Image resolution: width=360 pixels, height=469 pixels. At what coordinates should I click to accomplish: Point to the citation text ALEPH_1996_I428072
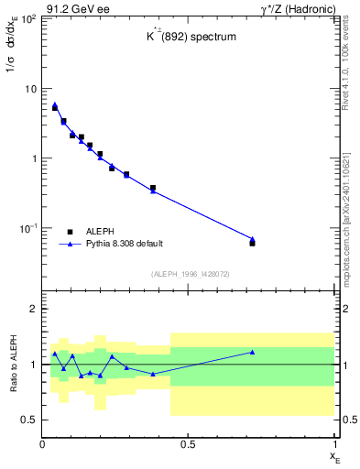tap(188, 273)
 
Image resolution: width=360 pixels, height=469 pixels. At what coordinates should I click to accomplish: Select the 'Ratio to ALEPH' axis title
tap(14, 364)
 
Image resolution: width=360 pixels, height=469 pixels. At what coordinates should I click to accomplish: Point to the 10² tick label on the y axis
tap(28, 19)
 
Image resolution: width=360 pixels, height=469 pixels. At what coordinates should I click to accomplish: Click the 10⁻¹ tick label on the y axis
tap(28, 227)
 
